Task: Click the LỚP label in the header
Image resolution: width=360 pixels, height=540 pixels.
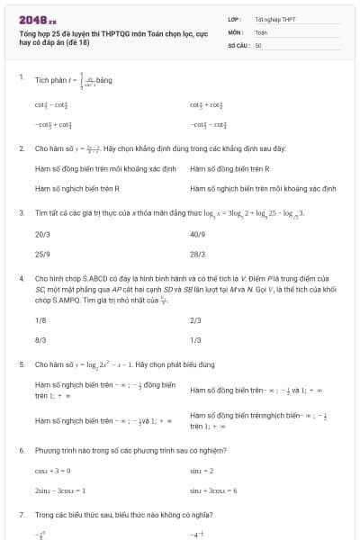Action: (x=234, y=19)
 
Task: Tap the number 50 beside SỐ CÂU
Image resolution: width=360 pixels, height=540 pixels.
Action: (x=258, y=44)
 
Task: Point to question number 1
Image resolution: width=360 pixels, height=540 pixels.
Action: (x=21, y=78)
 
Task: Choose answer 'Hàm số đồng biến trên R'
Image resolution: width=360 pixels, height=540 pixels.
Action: (x=229, y=168)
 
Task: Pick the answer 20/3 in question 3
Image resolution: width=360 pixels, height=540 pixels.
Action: (x=42, y=233)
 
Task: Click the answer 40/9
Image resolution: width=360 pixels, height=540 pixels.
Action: (x=198, y=233)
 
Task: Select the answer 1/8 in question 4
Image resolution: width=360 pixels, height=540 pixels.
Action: (x=40, y=319)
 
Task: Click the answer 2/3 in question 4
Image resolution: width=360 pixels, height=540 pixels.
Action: (x=196, y=319)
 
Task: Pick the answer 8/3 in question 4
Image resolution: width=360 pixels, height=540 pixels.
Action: (x=40, y=340)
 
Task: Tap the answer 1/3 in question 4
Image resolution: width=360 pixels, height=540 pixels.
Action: (x=196, y=340)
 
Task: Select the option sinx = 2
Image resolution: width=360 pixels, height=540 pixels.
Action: (x=202, y=470)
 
